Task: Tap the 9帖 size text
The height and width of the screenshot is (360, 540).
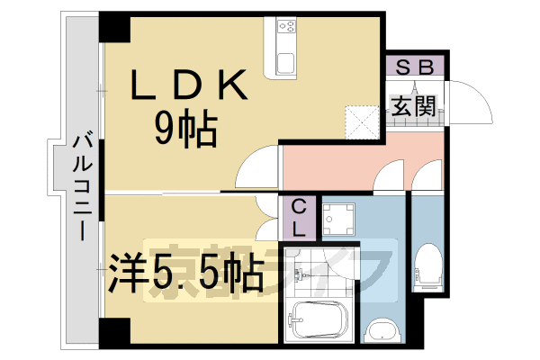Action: pos(184,131)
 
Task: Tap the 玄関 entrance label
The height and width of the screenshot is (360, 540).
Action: pos(413,104)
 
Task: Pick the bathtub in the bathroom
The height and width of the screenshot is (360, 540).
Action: pos(319,319)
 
